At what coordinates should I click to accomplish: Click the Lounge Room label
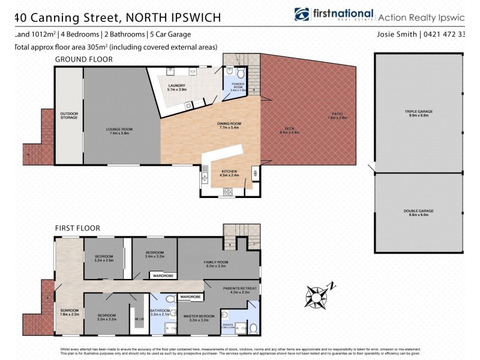click(x=118, y=131)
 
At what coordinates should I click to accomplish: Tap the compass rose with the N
click(x=316, y=296)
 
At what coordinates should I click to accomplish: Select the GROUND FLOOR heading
click(x=83, y=59)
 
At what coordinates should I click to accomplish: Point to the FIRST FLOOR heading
click(x=77, y=228)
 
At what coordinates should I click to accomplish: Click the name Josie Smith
click(x=397, y=34)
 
